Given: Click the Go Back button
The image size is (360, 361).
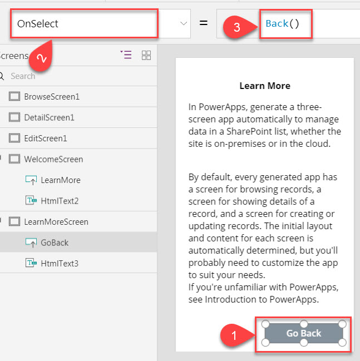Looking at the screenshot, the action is pos(304,333).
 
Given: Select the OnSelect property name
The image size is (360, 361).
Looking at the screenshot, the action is pos(37,24).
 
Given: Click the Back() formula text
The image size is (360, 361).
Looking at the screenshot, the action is pos(282,23).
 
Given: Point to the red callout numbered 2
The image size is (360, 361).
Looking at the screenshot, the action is pos(42,57).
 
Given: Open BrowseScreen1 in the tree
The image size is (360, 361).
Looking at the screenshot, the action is pos(52,97).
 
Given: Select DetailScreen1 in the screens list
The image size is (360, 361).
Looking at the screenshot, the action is pos(50,118).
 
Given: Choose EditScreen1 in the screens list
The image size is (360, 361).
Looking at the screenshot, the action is pos(46,139).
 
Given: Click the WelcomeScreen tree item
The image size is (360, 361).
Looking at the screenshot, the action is pos(53,159).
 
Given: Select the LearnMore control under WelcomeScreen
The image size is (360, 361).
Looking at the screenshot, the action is pos(61,180).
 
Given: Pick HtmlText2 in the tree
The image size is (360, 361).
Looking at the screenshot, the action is pos(60,201).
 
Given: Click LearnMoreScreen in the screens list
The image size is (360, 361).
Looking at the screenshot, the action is pos(56,222).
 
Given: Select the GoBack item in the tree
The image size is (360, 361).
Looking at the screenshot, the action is pos(55,243).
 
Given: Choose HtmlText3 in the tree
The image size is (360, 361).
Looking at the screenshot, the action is pos(60,264).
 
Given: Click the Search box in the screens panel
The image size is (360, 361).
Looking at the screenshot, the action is pos(23,76).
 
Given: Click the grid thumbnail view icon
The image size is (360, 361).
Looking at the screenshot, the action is pos(146,55).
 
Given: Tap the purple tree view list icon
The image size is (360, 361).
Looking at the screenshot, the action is pos(126,55).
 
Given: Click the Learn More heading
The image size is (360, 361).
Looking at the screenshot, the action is pos(265,86).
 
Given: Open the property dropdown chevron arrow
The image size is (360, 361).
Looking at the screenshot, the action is pos(184,23).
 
